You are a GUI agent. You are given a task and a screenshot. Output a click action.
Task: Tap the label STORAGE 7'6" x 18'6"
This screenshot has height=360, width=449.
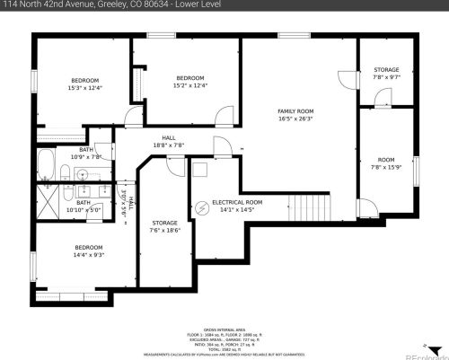pos(164,225)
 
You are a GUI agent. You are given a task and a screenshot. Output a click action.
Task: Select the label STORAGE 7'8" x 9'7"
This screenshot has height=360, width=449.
pos(385,74)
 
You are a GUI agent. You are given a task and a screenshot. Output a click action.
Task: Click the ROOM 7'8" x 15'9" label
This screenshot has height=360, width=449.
pos(385,162)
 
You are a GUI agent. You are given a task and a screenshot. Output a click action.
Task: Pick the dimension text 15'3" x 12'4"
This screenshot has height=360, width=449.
pos(86,87)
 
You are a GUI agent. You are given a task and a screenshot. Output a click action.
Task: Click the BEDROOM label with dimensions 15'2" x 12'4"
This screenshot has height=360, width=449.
pos(189,81)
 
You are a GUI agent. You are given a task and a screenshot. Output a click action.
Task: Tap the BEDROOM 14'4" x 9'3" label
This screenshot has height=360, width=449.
pos(88,250)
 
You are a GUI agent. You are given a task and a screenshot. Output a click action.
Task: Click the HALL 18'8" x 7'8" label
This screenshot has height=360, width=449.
pos(168,141)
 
